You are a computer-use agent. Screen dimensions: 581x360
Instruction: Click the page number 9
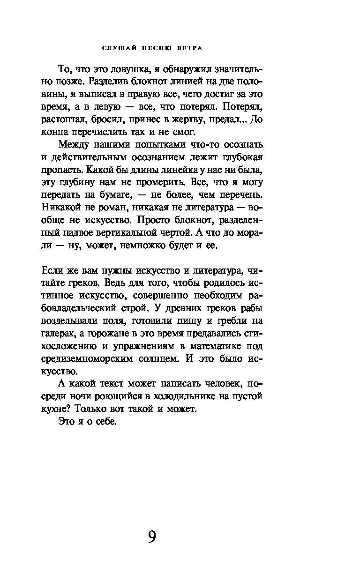(151, 536)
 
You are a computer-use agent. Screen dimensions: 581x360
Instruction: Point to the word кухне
(55, 409)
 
